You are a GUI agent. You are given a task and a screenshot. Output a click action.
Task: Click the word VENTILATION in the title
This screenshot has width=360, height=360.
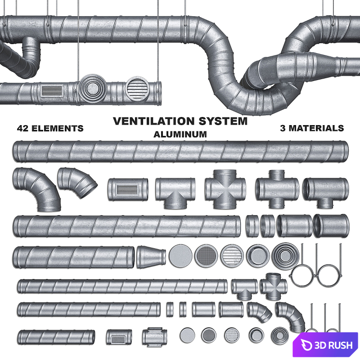point(154,121)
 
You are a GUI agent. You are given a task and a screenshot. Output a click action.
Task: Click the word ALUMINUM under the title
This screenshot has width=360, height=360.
point(180,134)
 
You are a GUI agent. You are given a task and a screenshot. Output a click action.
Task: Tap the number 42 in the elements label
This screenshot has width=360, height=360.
point(23,128)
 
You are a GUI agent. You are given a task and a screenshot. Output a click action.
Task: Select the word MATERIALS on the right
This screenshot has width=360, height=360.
point(316,128)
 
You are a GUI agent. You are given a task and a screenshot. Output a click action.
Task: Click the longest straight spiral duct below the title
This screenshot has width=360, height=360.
point(180,151)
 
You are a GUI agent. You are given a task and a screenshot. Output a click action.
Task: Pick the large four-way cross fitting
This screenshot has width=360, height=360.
point(225,189)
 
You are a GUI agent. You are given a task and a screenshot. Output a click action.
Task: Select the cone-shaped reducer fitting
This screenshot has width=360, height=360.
point(151,256)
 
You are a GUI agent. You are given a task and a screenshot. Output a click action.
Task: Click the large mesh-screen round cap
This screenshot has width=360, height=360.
point(206,256)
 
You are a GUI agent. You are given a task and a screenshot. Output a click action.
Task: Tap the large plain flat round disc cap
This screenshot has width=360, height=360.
point(180,256)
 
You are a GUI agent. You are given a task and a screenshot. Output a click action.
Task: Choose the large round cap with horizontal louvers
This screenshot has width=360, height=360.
point(232,256)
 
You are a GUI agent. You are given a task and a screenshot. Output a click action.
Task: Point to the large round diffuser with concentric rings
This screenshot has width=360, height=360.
point(285,256)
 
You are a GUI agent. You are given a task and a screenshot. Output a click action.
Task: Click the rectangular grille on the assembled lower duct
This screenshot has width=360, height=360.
point(52,90)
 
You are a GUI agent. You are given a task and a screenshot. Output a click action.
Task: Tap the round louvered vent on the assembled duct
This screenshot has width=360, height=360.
point(137,88)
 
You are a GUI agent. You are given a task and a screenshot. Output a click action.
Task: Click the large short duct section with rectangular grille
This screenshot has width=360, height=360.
point(128,189)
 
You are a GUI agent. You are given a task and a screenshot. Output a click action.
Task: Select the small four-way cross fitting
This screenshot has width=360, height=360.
point(273,286)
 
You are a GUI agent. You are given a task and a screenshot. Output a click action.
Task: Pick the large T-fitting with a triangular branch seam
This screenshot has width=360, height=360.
point(175,192)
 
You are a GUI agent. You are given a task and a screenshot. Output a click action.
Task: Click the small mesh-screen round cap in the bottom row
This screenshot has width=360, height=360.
point(209,335)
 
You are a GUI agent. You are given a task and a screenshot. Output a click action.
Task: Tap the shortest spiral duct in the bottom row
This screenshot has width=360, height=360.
point(56,337)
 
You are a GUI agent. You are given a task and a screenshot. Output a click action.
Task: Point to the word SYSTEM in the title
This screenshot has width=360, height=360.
point(223,121)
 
